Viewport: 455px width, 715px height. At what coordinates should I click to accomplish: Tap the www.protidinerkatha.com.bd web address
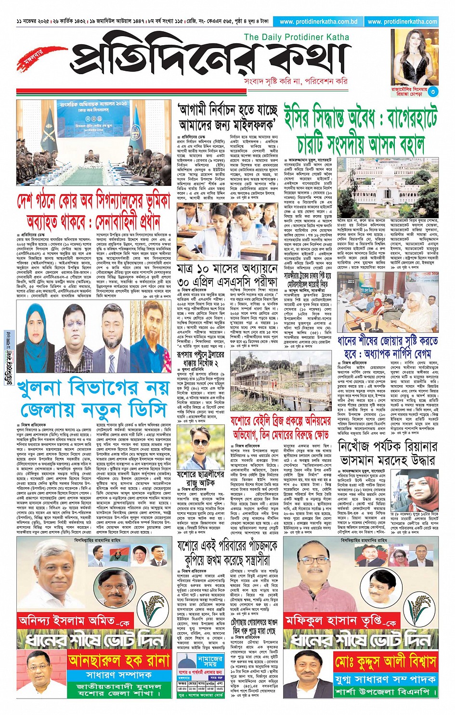pyautogui.click(x=318, y=22)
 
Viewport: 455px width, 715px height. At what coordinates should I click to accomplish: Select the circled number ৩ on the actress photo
pyautogui.click(x=433, y=91)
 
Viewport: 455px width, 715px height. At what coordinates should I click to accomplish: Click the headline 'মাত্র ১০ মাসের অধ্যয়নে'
pyautogui.click(x=228, y=268)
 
